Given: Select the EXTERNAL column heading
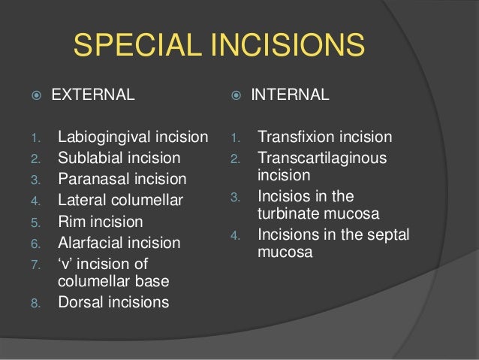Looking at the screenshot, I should pos(93,95).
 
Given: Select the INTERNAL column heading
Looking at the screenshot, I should pos(290,95).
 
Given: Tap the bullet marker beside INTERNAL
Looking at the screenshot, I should pos(236,95).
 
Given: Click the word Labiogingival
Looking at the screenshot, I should pos(98,138).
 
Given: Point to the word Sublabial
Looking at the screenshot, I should pos(87,159).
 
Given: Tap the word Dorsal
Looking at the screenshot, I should pos(78,303).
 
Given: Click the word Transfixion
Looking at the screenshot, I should pos(295,138).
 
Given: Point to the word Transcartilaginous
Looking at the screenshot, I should pos(322,159).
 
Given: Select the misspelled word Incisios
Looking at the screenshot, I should pos(284,198).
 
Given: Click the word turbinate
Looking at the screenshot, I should pos(290,214).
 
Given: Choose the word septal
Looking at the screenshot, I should pos(385,234).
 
